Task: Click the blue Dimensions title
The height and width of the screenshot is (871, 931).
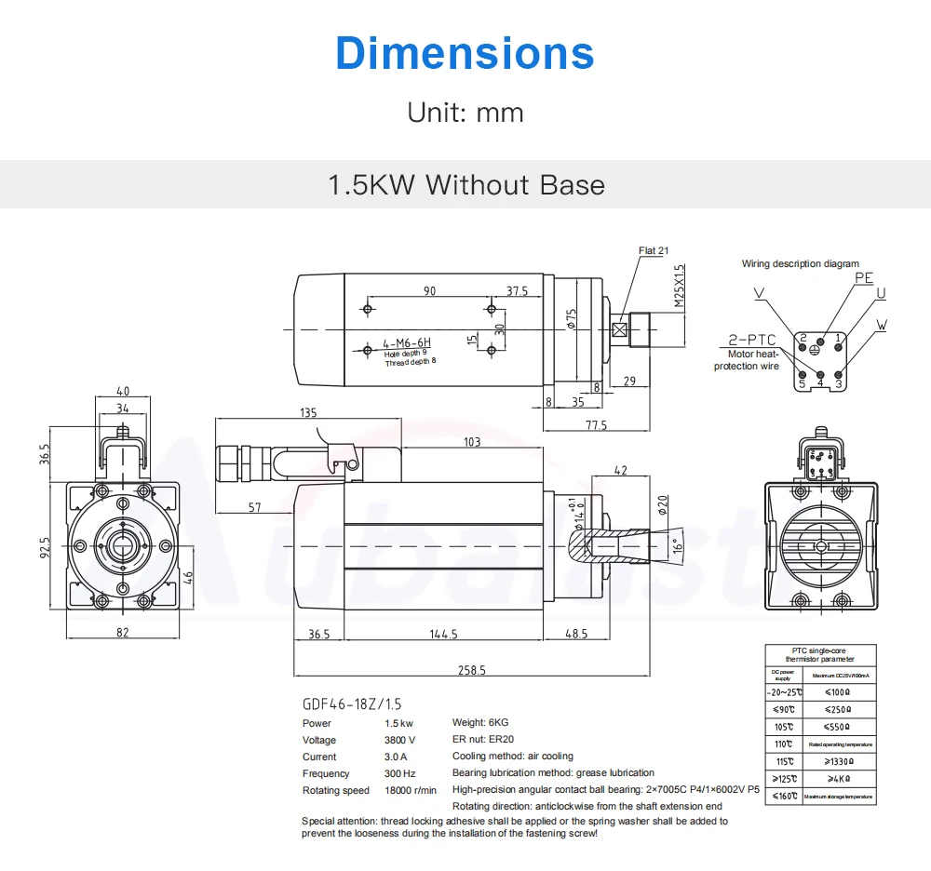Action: click(465, 53)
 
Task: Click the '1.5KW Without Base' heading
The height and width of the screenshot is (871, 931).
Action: click(465, 184)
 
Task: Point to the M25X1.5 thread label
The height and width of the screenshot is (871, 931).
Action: click(680, 286)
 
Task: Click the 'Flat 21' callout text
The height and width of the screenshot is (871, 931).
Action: click(654, 250)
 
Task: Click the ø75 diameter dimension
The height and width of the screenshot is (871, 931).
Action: click(573, 319)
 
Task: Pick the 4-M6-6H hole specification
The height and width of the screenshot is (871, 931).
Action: click(407, 343)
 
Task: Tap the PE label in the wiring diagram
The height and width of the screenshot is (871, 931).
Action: click(864, 277)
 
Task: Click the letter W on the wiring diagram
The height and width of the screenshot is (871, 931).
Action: click(883, 326)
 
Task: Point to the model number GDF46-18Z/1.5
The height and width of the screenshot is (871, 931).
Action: click(352, 704)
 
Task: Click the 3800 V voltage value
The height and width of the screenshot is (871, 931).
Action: click(399, 740)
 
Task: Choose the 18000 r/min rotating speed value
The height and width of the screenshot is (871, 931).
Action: click(411, 790)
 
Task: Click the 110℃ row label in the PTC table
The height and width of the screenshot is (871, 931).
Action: click(785, 744)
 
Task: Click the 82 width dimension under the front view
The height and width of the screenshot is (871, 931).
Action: click(123, 632)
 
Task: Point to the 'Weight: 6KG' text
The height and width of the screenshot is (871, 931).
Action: click(480, 723)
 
